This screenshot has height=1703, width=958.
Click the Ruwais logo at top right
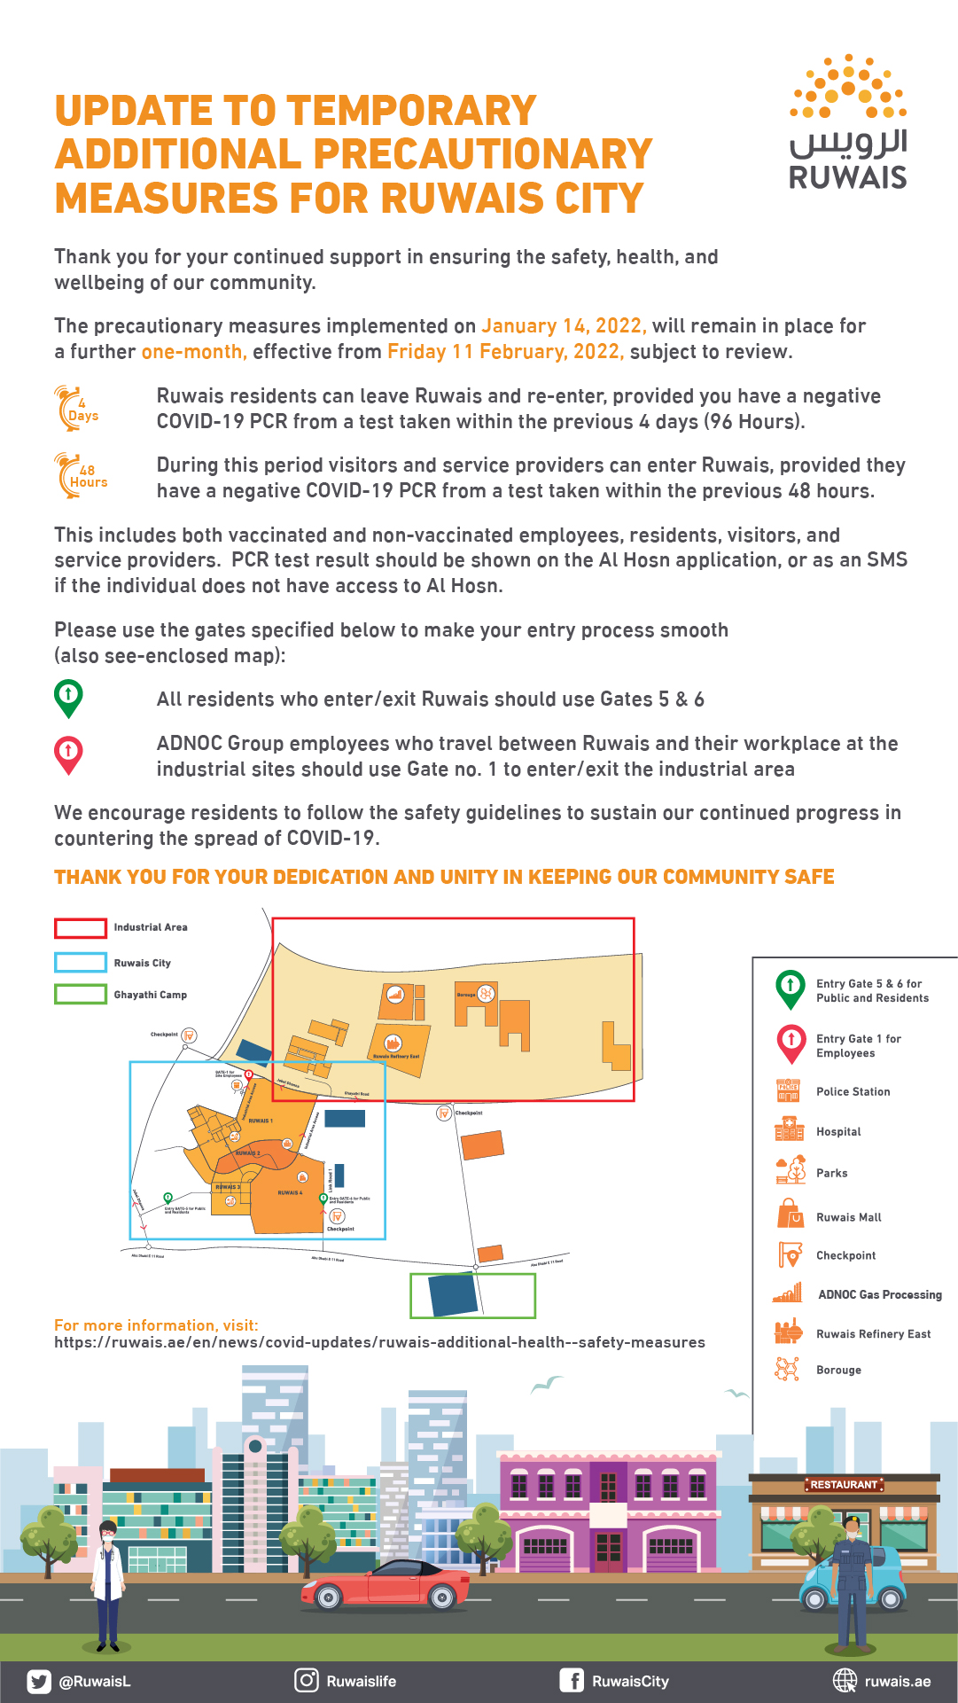coord(848,122)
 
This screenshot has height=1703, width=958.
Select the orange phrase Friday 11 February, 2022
coord(505,352)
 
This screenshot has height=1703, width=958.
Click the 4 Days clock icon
coord(75,409)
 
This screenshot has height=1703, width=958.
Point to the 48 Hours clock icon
coord(78,475)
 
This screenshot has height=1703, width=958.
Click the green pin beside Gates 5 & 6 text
coord(68,698)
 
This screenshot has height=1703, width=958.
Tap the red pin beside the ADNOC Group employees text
coord(68,754)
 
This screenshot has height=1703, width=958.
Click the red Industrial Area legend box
coord(81,928)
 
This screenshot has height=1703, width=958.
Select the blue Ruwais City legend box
coord(81,963)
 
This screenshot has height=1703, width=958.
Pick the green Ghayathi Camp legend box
coord(81,995)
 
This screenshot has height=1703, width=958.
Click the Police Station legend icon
coord(788,1091)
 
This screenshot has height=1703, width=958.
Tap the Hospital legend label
coord(838,1132)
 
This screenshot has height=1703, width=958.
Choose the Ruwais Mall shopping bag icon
coord(789,1214)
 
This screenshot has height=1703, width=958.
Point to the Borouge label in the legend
coord(838,1370)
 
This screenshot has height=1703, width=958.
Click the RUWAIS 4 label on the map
coord(289,1192)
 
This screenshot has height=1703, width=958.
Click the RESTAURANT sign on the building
coord(844,1484)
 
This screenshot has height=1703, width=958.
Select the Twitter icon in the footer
coord(39,1681)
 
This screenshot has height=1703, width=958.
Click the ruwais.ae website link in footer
coord(897,1682)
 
